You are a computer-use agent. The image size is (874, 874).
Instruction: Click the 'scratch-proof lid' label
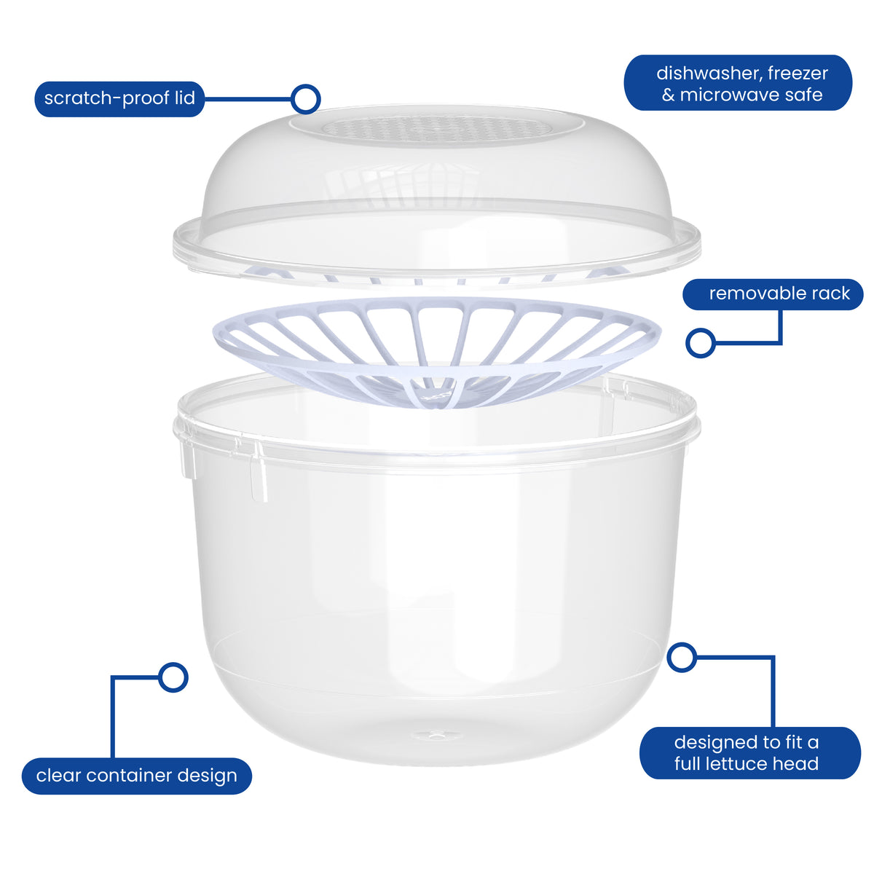point(119,99)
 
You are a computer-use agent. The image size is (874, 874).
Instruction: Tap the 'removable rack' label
point(773,294)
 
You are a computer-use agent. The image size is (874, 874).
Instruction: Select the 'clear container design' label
point(136,776)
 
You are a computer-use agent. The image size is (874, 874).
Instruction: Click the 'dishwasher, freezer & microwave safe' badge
point(738,83)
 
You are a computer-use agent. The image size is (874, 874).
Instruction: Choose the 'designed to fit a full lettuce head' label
point(749,753)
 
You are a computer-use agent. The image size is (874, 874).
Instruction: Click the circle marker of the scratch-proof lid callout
point(306,99)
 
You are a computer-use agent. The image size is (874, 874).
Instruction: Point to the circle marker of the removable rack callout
point(700,342)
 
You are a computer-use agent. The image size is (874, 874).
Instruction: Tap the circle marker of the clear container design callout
point(173,677)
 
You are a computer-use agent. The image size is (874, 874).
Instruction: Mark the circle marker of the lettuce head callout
point(682,657)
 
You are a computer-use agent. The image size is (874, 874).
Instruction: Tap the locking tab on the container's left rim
point(189,459)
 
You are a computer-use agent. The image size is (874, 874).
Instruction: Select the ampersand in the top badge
point(668,95)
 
